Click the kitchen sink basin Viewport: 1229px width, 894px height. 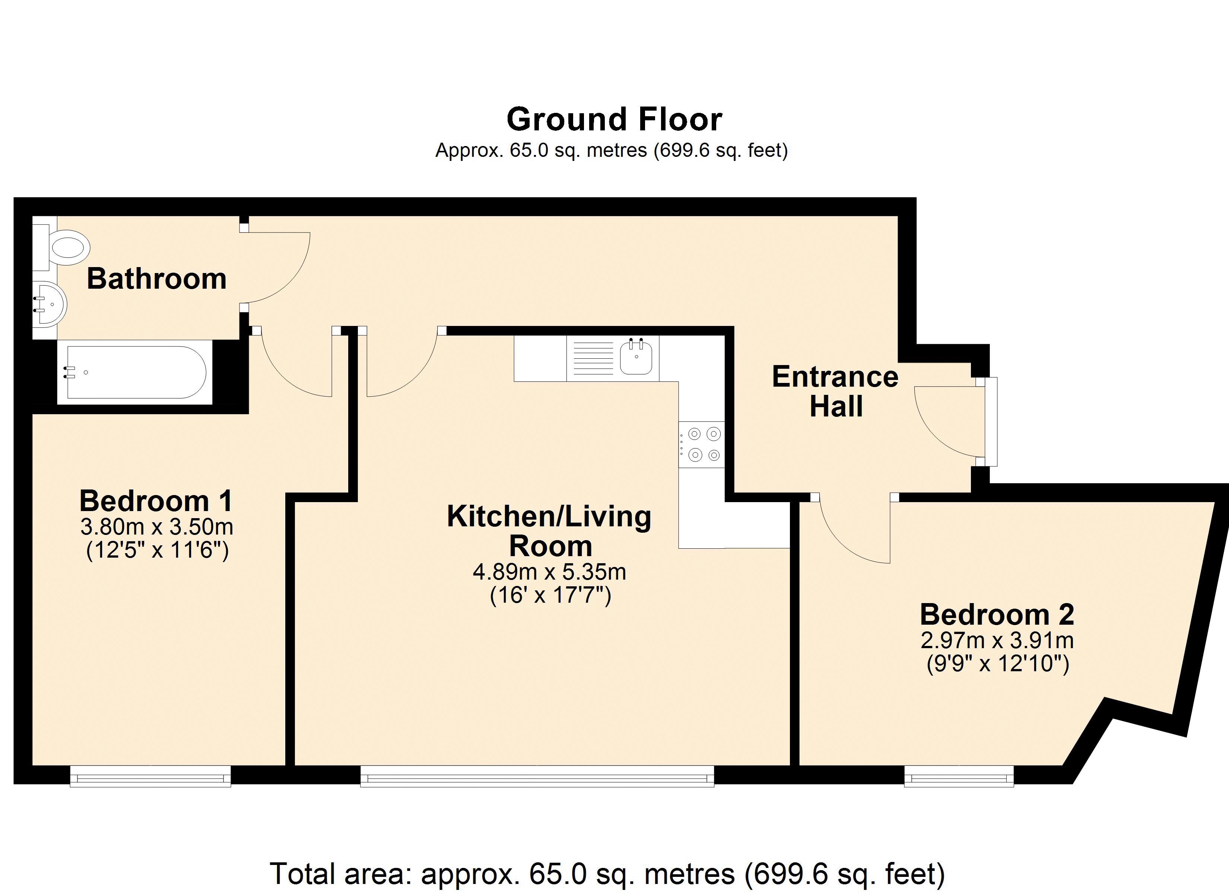tap(636, 357)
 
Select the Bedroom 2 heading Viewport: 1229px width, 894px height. tap(997, 614)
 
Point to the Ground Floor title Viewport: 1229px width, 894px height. tap(614, 119)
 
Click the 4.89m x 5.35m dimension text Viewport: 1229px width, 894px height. tap(549, 572)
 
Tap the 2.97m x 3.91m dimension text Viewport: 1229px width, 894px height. tap(997, 641)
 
